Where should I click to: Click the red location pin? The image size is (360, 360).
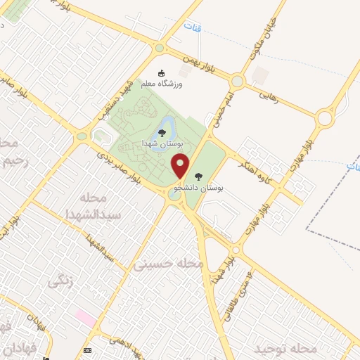181,166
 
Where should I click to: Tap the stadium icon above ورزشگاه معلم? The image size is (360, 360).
162,73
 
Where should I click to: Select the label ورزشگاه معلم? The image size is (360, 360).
162,84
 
